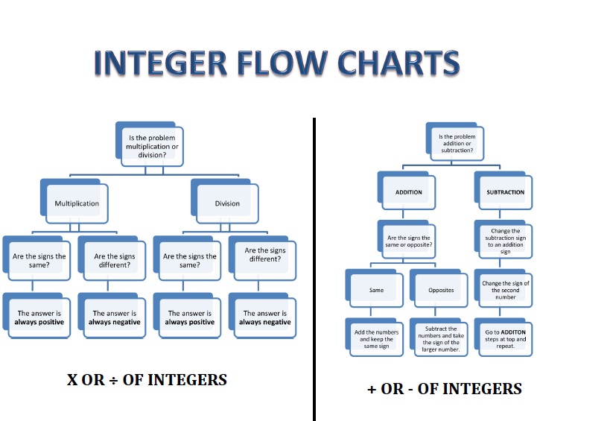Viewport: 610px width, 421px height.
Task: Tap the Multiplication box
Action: pyautogui.click(x=77, y=203)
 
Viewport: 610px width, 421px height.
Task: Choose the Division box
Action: pyautogui.click(x=227, y=203)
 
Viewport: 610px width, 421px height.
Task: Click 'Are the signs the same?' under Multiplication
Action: pyautogui.click(x=39, y=260)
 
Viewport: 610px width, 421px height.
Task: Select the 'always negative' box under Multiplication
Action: pyautogui.click(x=115, y=318)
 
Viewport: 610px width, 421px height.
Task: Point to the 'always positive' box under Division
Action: pyautogui.click(x=190, y=318)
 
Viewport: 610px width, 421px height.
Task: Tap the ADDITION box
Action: pyautogui.click(x=408, y=192)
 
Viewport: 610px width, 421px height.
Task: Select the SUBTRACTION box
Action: pyautogui.click(x=505, y=192)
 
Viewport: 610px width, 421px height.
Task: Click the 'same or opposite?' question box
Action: pyautogui.click(x=408, y=241)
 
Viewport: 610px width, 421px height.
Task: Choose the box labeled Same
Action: pyautogui.click(x=377, y=290)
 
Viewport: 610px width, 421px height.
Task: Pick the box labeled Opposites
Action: pyautogui.click(x=441, y=290)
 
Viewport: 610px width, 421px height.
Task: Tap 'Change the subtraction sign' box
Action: pyautogui.click(x=505, y=241)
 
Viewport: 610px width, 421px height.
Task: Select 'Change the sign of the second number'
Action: pyautogui.click(x=505, y=290)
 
